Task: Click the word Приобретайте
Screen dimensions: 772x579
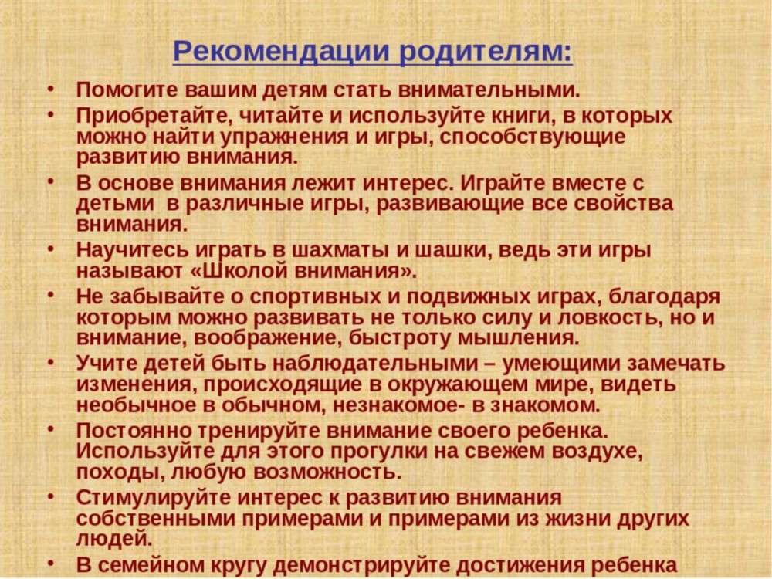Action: point(151,117)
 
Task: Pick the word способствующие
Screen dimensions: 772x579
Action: point(532,137)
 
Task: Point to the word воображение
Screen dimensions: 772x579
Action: point(269,339)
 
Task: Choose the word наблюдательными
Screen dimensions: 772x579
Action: point(375,364)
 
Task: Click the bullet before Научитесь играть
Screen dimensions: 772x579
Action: point(50,248)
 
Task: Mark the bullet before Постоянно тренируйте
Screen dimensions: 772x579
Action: point(50,428)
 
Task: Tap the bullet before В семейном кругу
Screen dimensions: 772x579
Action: point(50,562)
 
